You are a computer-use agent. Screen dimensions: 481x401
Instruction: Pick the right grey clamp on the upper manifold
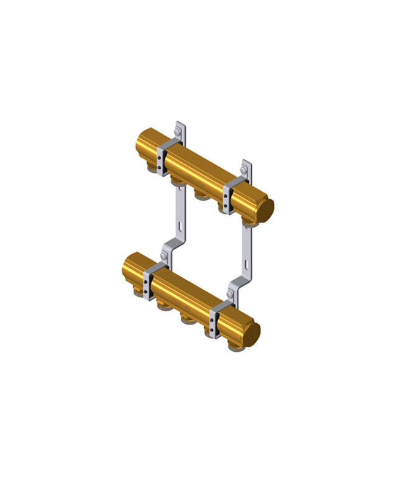[233, 193]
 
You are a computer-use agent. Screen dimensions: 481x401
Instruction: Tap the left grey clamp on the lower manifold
[151, 280]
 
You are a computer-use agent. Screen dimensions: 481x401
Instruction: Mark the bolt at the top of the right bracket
[245, 170]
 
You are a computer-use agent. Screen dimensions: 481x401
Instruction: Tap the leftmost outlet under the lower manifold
[164, 306]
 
